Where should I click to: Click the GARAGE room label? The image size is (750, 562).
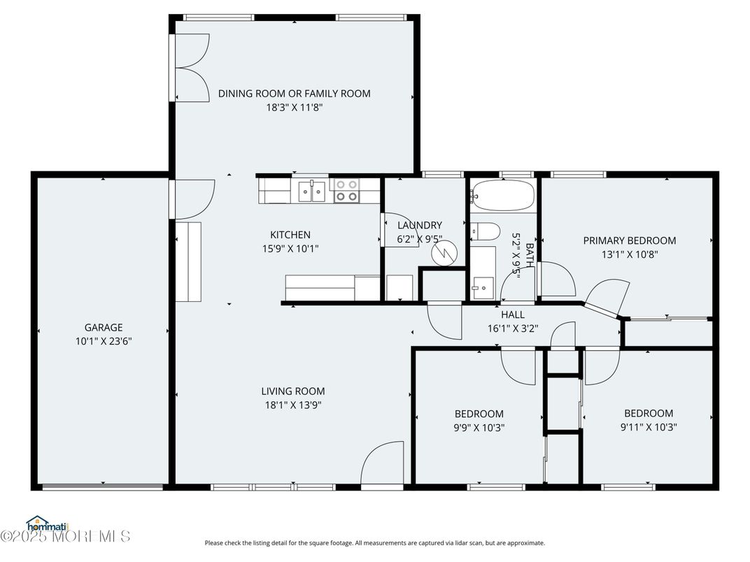104,327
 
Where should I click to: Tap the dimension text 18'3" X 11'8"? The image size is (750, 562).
294,107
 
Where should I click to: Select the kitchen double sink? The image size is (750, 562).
312,190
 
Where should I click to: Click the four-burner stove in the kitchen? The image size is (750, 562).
346,191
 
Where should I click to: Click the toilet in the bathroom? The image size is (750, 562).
484,231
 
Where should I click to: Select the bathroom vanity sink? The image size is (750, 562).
481,287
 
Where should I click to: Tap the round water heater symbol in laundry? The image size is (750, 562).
442,254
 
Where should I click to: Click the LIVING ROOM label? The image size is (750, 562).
293,391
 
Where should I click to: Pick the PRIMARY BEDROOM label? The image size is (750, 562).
630,240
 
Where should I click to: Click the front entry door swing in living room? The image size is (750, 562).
383,463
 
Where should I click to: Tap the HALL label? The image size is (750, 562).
512,315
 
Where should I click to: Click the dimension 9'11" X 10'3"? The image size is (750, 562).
649,426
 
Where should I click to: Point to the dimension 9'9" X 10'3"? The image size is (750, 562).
479,427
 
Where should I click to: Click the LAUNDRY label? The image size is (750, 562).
420,225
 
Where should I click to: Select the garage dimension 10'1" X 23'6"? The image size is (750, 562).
104,341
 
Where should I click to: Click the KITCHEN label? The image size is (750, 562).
290,235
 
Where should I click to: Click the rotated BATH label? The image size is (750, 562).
530,256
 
